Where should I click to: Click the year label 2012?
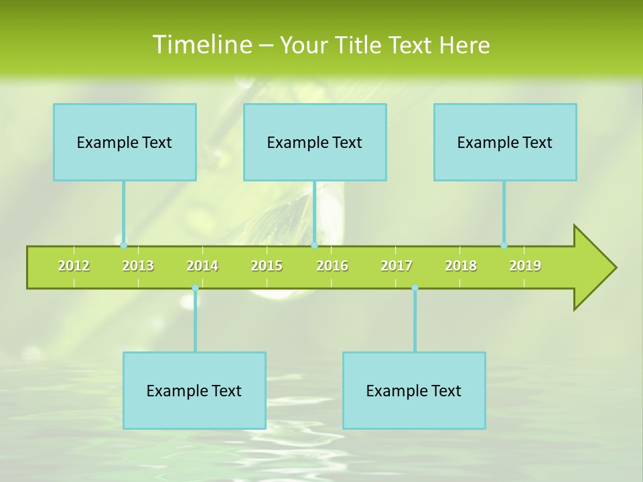74,266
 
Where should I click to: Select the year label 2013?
138,266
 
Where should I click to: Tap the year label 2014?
202,266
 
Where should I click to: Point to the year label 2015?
267,266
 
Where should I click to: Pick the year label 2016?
332,266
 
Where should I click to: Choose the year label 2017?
397,266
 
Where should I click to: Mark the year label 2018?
461,266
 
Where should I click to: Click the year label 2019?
525,266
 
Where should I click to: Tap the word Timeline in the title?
202,45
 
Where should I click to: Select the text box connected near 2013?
125,142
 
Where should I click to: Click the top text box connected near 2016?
315,142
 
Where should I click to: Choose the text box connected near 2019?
505,142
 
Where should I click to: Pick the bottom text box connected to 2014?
194,390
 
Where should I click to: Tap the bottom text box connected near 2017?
414,390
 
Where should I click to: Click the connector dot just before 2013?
123,245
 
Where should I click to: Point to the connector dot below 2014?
195,288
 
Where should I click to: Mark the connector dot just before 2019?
504,245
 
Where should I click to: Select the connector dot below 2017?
415,288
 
